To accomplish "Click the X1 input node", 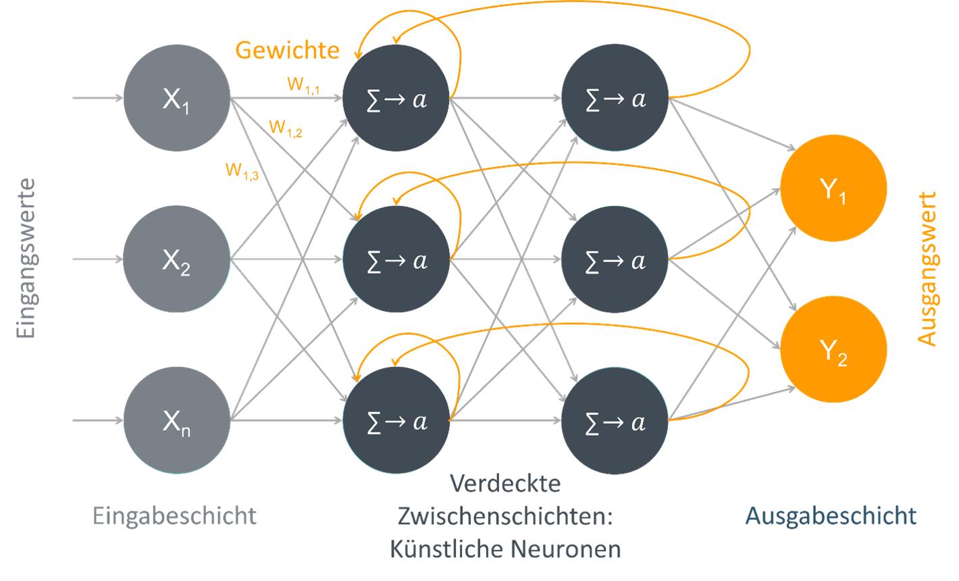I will (176, 98).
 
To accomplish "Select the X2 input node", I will (176, 259).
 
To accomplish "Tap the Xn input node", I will (176, 421).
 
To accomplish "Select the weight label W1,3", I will (242, 171).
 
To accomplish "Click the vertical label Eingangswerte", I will (25, 258).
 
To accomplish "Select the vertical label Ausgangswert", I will (929, 268).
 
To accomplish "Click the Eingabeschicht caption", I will (175, 516).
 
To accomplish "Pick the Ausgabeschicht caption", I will (831, 516).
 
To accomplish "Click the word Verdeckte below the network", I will (505, 484).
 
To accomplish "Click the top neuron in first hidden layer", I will (396, 98).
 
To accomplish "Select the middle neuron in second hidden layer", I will (615, 259).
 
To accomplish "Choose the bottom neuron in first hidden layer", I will (396, 421).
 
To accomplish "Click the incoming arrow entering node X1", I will (98, 98).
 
